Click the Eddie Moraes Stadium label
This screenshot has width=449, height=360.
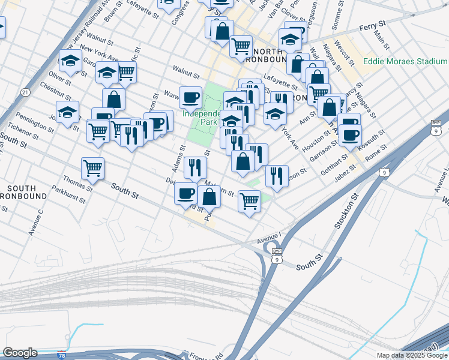coord(405,61)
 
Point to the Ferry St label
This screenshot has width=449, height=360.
coord(372,28)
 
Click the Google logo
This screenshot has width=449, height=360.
coord(20,353)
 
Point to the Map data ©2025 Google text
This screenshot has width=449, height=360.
coord(412,355)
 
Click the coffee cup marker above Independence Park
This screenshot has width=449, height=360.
coord(191,97)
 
